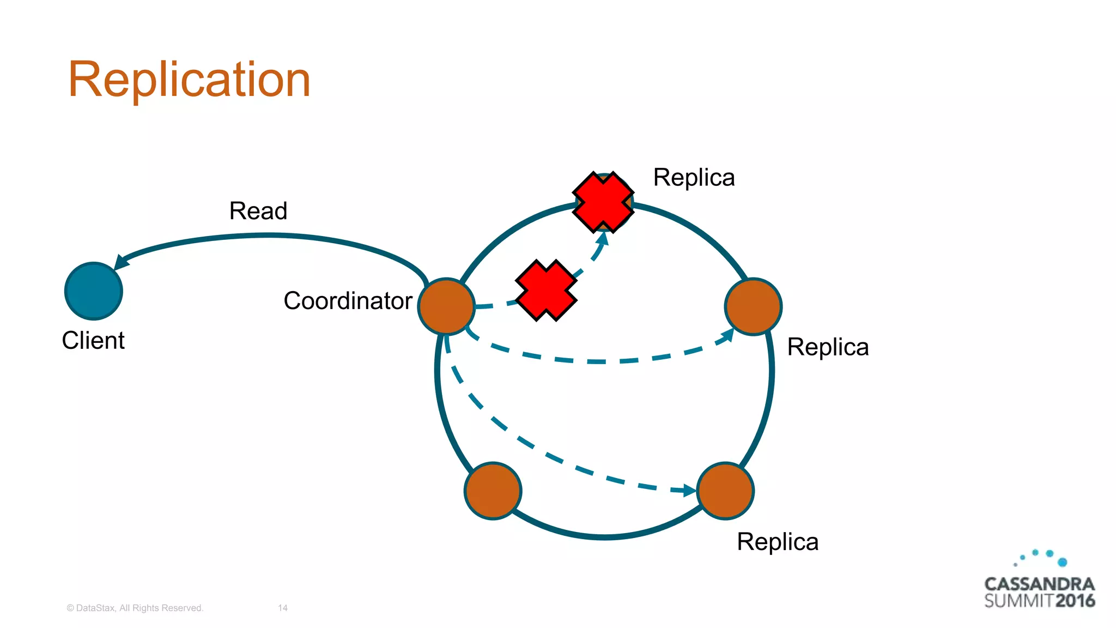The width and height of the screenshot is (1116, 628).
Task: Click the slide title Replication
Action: [189, 80]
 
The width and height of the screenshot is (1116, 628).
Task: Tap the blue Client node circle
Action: [94, 291]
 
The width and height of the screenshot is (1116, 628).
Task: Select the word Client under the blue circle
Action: [93, 340]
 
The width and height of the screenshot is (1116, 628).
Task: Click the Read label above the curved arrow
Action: [258, 211]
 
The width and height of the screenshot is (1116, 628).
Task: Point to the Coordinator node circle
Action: [446, 306]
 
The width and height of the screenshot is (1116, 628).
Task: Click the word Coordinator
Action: [348, 301]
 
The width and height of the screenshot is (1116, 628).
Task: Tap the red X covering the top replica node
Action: [603, 202]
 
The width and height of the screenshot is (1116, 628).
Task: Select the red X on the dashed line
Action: [546, 290]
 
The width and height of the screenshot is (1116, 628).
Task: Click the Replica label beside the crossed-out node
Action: [694, 178]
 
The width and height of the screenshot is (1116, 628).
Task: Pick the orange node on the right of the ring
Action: [753, 306]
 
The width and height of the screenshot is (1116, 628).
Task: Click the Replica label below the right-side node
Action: [828, 347]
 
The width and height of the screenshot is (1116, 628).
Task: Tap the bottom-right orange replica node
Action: [725, 491]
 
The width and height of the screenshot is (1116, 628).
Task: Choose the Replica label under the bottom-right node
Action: [778, 542]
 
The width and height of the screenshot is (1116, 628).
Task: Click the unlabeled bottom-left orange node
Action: [493, 491]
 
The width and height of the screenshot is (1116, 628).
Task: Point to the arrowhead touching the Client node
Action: [121, 262]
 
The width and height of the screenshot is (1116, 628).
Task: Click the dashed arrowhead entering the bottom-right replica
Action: [690, 490]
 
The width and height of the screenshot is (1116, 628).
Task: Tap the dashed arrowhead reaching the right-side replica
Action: [727, 335]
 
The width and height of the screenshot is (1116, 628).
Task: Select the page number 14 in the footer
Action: [283, 608]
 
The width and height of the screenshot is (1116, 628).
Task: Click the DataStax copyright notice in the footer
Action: [135, 608]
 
